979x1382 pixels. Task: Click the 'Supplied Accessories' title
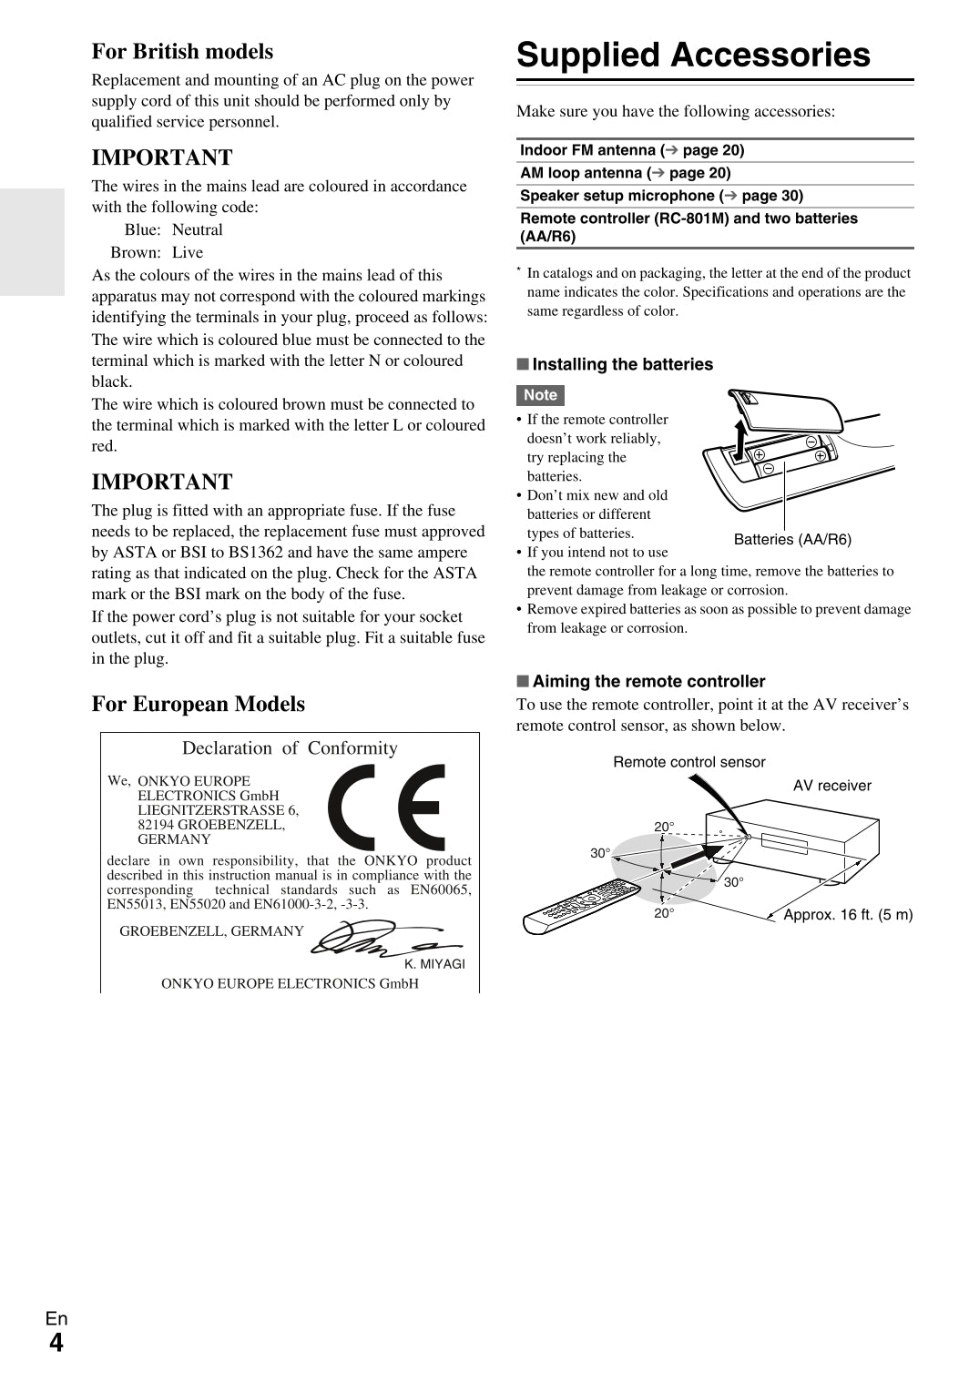click(x=693, y=56)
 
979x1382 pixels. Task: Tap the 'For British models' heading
click(x=182, y=52)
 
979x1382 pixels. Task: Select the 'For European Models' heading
click(x=198, y=704)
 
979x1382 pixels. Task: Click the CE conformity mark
click(x=386, y=807)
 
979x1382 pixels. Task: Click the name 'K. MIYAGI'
click(x=434, y=964)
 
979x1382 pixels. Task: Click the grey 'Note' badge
click(x=540, y=395)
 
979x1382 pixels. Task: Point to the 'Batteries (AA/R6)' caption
click(x=792, y=539)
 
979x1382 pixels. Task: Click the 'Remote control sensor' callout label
click(x=688, y=762)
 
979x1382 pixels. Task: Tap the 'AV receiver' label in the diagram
click(x=831, y=786)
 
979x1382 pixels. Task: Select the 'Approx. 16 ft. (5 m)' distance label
click(x=848, y=915)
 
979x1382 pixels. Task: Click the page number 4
click(x=56, y=1343)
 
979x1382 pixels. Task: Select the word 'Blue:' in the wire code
click(x=142, y=230)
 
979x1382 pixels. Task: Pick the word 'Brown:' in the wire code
click(x=136, y=253)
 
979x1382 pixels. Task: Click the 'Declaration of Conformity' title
click(x=290, y=748)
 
